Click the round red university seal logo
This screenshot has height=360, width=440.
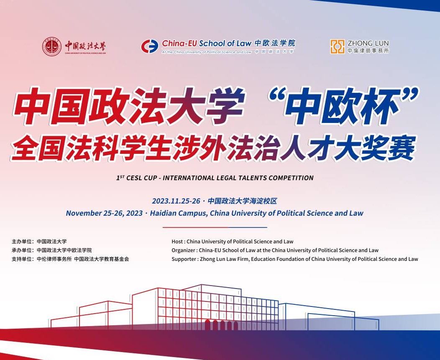point(52,46)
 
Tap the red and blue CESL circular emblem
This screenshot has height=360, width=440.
point(150,46)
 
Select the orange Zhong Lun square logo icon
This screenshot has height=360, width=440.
point(337,46)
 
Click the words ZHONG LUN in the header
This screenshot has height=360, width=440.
point(368,43)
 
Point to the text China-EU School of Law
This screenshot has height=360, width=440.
point(207,43)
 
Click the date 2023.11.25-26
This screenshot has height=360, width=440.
point(176,201)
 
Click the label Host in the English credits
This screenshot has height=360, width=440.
point(177,241)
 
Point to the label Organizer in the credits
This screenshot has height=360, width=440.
point(183,250)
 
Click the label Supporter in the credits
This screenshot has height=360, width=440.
point(184,259)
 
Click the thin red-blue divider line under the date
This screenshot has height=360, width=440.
point(215,227)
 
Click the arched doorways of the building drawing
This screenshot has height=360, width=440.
point(222,325)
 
